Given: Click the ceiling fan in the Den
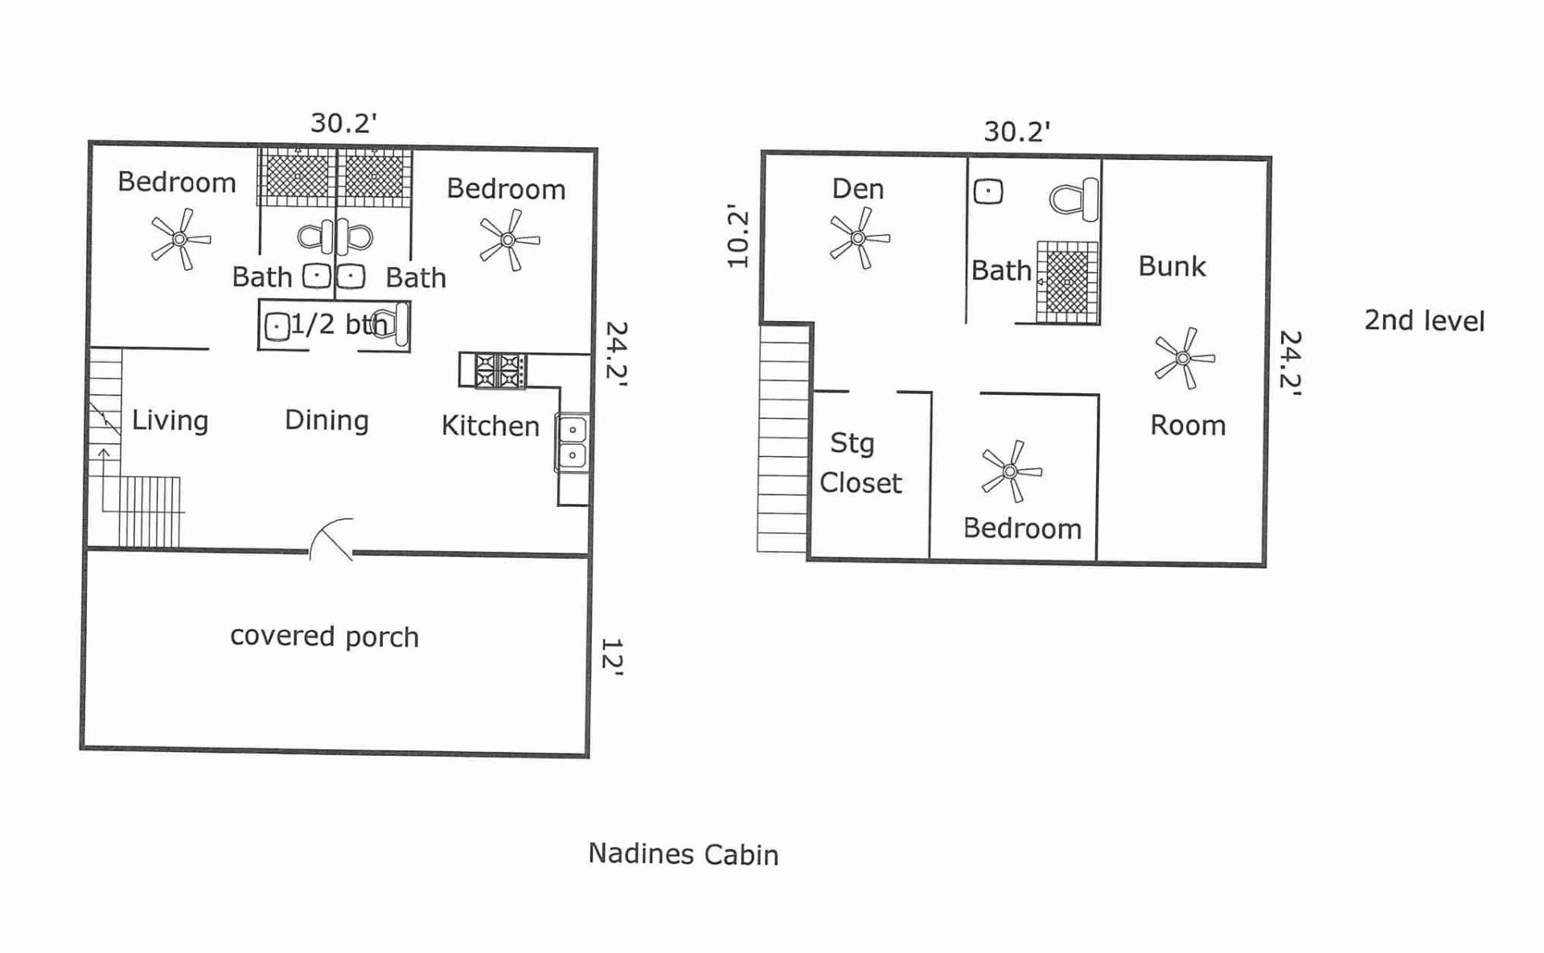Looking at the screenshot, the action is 860,238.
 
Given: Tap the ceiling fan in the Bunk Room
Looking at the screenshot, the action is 1184,358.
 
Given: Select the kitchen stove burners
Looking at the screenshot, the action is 500,371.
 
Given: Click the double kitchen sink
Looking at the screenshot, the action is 572,442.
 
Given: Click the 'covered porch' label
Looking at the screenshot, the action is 324,636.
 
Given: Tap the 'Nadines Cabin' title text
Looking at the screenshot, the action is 684,854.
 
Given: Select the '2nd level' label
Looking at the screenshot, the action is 1424,320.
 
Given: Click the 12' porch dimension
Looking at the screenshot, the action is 612,657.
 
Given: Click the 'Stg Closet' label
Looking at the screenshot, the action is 860,462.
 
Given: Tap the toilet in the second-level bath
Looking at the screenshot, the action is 1074,199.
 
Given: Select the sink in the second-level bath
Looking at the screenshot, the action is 988,191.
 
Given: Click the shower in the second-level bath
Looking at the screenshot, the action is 1067,282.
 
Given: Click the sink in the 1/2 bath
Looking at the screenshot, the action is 277,327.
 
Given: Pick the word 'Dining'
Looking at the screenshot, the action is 326,421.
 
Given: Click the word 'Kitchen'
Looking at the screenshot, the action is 491,425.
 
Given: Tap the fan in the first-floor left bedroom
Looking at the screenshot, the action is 181,239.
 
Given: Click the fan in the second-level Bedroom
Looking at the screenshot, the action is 1011,471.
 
